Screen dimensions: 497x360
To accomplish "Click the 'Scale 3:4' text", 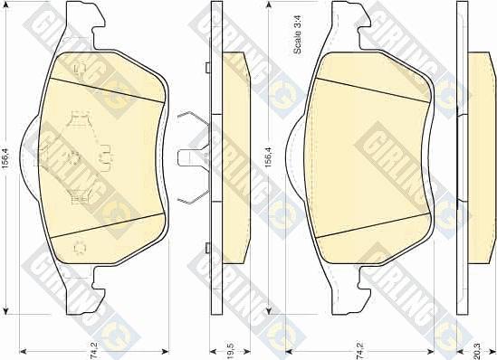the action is (x=298, y=34).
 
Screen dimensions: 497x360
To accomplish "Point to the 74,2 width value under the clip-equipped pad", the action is (x=94, y=350).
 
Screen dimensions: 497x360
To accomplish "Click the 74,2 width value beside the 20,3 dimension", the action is (x=360, y=350).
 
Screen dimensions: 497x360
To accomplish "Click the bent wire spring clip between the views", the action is (x=194, y=158).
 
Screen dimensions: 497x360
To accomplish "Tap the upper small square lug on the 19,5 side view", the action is (x=208, y=68).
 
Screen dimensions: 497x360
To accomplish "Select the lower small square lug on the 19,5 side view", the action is (x=208, y=248).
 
